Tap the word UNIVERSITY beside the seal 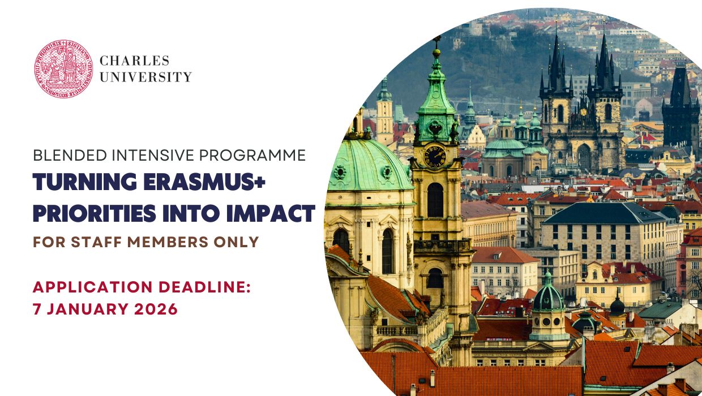point(145,77)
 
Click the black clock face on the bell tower point(435,156)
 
